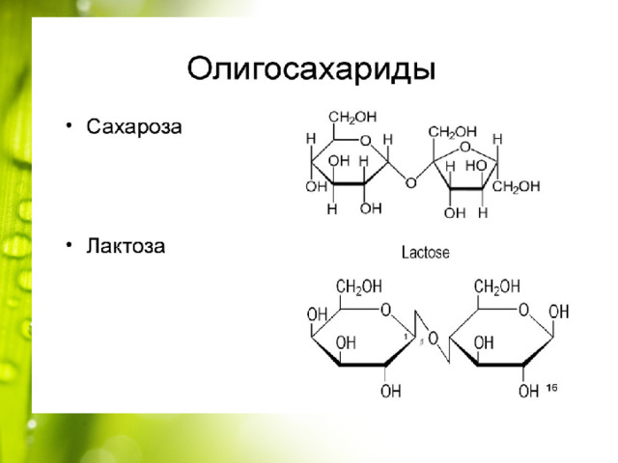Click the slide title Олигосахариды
coord(311,70)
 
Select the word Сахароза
coord(134,126)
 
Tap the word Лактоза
coord(126,246)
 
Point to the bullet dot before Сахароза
coord(70,125)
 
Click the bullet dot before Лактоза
coord(70,245)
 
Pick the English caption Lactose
coord(425,252)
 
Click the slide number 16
coord(551,388)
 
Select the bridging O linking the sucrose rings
coord(410,182)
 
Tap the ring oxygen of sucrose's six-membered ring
coord(365,140)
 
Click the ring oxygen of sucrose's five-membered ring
coord(465,148)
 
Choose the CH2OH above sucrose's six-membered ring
coord(352,117)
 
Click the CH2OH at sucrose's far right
coord(517,186)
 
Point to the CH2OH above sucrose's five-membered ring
coord(453,132)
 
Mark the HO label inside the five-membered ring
coord(476,166)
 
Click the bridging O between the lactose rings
coord(434,339)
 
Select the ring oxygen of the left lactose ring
coord(385,311)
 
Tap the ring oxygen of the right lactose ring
coord(523,311)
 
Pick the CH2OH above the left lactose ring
coord(358,286)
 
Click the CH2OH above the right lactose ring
coord(497,286)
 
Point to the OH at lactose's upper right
coord(559,312)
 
